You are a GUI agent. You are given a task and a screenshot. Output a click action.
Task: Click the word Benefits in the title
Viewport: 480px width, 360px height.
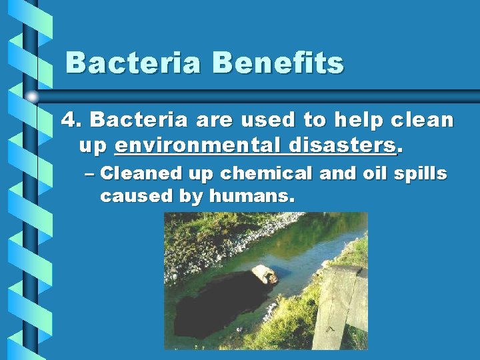[278, 63]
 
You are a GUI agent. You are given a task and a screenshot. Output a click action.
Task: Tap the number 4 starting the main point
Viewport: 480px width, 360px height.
[69, 120]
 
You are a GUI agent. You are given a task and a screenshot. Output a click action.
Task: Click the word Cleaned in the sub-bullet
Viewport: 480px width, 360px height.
[141, 173]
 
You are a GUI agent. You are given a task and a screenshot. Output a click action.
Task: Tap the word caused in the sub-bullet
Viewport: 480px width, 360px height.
[127, 197]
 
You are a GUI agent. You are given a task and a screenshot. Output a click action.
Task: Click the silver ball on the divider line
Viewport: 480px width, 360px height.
[33, 97]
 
